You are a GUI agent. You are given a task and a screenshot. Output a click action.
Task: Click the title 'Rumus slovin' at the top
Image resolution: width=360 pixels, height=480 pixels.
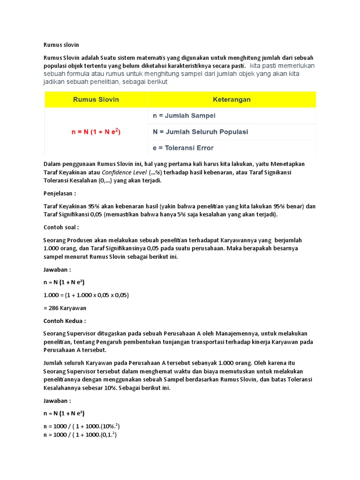[61, 45]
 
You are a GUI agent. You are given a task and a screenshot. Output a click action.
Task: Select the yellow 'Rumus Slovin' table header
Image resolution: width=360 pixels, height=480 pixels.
[96, 99]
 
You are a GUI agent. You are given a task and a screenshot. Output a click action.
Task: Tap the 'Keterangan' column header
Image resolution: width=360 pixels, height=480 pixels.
[232, 99]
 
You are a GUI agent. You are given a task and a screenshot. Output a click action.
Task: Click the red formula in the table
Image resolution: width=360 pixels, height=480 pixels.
[96, 132]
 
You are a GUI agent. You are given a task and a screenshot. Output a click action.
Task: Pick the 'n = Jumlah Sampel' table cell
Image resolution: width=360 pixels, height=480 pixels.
[184, 115]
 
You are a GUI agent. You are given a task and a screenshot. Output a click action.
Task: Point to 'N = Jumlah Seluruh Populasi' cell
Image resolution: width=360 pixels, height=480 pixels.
[200, 132]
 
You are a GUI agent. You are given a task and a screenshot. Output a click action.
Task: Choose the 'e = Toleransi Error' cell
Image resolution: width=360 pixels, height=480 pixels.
[183, 148]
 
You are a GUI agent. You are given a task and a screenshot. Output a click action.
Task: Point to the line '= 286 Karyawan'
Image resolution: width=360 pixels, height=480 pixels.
[65, 308]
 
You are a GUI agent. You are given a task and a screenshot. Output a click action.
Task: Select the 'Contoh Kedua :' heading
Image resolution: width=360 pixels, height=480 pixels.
[65, 321]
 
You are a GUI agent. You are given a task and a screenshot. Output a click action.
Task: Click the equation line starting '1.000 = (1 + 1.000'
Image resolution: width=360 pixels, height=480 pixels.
[86, 295]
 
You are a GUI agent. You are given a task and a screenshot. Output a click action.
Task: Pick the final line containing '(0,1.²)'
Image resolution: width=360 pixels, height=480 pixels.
[80, 435]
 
